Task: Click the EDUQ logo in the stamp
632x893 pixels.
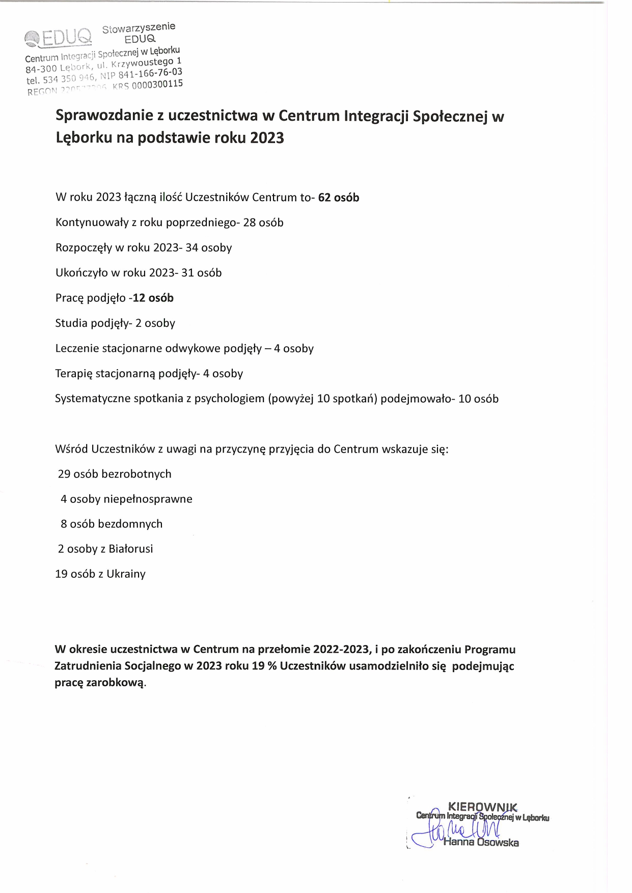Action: (x=59, y=37)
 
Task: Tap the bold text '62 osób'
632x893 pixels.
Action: (x=339, y=198)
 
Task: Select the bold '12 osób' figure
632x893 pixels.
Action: (x=153, y=298)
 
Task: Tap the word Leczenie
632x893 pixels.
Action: (x=77, y=348)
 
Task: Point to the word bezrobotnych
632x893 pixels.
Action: (x=136, y=474)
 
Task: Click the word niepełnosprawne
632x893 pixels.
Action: (x=148, y=499)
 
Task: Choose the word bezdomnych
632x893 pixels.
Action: (x=130, y=524)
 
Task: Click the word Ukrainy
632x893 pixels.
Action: (x=126, y=574)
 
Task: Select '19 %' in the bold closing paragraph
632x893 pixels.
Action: (x=264, y=666)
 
